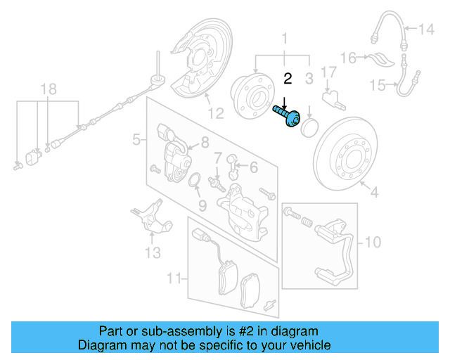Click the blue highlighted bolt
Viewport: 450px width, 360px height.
(x=288, y=116)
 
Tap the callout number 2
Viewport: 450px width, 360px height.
(x=287, y=78)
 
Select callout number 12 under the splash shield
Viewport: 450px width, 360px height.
(x=215, y=112)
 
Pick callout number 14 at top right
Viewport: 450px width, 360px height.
(x=427, y=29)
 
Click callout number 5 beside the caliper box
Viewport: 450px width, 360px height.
(x=136, y=141)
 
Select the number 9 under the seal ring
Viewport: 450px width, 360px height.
(x=202, y=205)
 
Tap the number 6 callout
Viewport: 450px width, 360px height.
(x=253, y=167)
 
